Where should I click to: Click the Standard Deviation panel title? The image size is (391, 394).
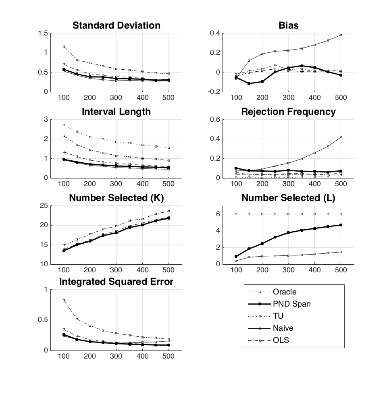(x=116, y=25)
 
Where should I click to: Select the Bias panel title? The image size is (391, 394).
(x=288, y=25)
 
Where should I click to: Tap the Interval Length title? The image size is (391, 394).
(x=116, y=112)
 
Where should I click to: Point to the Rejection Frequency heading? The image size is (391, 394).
(x=288, y=112)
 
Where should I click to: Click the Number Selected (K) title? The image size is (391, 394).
(x=116, y=198)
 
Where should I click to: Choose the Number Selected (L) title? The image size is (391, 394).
(x=288, y=198)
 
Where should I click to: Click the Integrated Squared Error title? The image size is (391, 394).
(x=116, y=282)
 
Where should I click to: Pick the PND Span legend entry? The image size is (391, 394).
(x=292, y=304)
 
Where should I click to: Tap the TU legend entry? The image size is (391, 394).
(x=278, y=316)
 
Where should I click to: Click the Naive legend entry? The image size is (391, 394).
(x=283, y=328)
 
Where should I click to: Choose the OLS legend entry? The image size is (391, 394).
(x=281, y=340)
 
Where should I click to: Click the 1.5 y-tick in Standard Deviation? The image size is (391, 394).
(x=43, y=33)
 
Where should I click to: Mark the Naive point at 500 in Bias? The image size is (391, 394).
(x=341, y=35)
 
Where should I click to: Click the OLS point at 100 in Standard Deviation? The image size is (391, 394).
(x=64, y=47)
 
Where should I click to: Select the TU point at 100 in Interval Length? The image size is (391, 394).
(x=64, y=125)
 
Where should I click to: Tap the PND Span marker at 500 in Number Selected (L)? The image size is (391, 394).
(x=341, y=225)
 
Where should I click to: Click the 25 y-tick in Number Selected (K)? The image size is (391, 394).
(x=44, y=206)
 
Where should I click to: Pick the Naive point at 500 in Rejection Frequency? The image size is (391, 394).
(x=341, y=137)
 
